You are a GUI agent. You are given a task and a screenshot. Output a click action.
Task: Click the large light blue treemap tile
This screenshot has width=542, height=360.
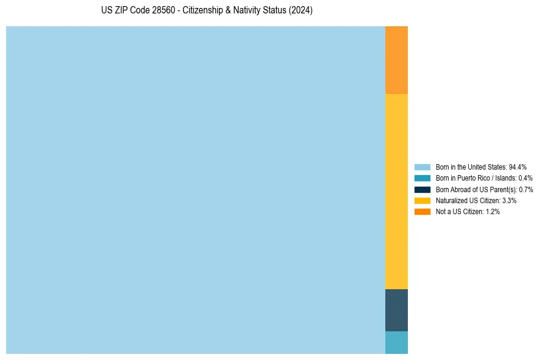tap(195, 190)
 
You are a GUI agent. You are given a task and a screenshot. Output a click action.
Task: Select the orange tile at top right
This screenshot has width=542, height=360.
tap(396, 60)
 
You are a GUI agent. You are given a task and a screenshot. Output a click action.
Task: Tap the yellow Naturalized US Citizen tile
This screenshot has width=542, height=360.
tap(396, 191)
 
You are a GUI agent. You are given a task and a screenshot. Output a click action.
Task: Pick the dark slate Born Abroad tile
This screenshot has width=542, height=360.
tap(396, 310)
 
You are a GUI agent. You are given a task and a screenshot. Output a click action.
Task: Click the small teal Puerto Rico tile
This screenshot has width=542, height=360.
tap(396, 342)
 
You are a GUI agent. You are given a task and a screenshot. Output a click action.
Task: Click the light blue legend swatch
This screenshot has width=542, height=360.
tap(423, 167)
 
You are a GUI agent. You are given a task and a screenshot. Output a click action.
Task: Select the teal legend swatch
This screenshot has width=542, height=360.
tap(423, 178)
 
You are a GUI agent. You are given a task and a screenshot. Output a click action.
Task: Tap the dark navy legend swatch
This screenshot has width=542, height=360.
tap(423, 189)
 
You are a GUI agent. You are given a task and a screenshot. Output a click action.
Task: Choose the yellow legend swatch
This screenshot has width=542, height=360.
tap(423, 200)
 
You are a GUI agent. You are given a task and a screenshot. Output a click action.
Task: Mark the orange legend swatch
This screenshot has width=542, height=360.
tap(423, 211)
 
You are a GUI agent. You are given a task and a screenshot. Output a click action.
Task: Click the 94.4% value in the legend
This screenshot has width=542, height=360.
tap(518, 167)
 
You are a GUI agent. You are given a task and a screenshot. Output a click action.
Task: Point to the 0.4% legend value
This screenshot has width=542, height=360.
tap(526, 178)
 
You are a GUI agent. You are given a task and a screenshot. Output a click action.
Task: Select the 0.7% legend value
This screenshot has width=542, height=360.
tap(526, 189)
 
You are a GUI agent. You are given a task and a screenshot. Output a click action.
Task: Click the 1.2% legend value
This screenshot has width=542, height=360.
tap(493, 211)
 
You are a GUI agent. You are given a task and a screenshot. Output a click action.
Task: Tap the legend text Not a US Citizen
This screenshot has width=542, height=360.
tap(459, 211)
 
